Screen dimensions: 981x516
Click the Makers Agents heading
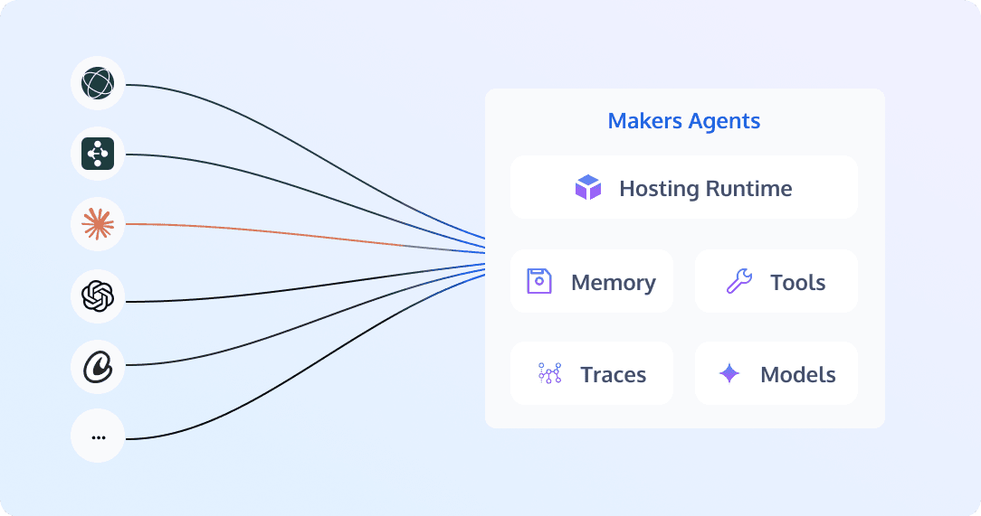684,121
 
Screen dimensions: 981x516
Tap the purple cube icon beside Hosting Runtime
588,187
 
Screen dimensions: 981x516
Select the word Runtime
749,189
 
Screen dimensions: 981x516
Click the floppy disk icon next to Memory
539,281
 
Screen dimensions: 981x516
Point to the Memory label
614,282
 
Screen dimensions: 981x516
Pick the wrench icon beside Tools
738,281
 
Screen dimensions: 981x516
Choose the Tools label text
797,282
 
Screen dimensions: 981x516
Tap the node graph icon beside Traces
550,373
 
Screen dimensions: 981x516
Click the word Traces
614,375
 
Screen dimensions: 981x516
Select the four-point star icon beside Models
729,373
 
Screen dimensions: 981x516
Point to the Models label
797,375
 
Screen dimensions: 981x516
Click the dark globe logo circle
98,83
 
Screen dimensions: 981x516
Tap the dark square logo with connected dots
98,154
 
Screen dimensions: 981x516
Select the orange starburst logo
98,224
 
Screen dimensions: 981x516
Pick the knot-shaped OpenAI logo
98,296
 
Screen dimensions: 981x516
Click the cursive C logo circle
98,366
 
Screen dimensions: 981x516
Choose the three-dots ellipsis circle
98,436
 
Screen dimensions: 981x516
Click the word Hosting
660,189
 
